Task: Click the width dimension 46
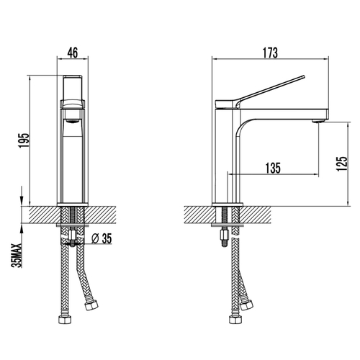72,53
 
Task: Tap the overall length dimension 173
271,53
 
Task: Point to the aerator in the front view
72,120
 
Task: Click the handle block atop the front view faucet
72,90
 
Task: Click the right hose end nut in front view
90,307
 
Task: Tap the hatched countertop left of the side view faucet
198,215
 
